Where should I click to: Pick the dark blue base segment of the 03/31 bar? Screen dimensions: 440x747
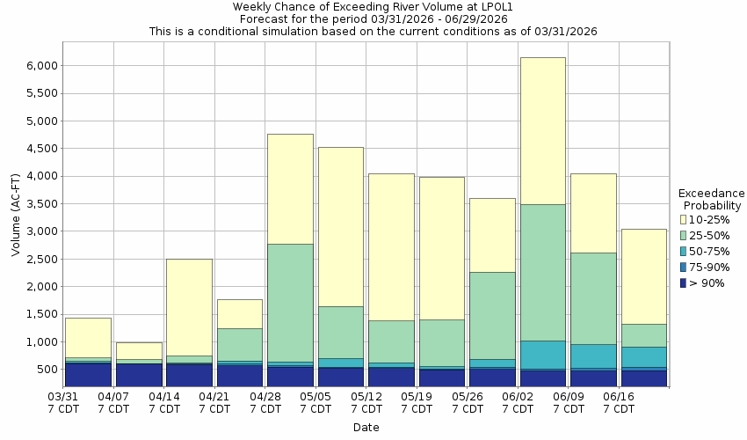pos(88,375)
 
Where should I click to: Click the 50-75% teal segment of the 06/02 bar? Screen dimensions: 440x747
pos(542,355)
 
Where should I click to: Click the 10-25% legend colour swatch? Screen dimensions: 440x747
pos(684,219)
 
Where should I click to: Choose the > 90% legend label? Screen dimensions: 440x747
pos(708,282)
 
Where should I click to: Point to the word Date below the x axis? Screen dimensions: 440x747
pos(366,427)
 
